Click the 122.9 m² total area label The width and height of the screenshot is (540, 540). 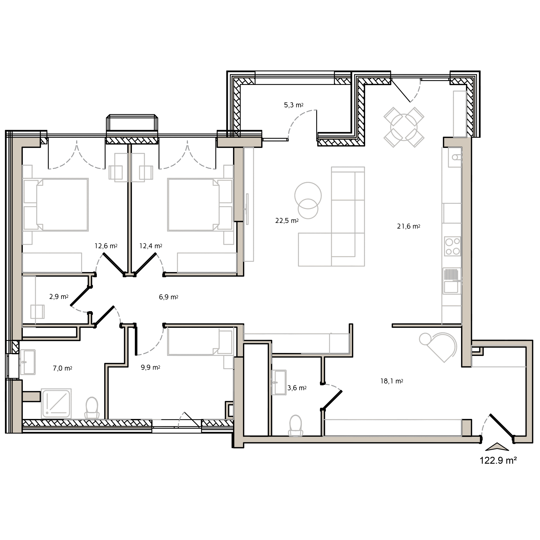pos(498,460)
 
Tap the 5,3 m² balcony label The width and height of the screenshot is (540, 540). pos(293,105)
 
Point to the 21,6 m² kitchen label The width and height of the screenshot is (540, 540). pos(408,226)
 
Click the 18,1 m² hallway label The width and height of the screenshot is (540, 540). pos(391,381)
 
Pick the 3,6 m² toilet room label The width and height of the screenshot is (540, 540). pos(297,388)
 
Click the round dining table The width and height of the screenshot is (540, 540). pos(404,127)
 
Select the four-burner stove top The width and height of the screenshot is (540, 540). pos(452,246)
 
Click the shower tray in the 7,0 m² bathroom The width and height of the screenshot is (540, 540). pos(56,403)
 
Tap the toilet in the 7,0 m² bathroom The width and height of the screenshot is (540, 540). pos(92,408)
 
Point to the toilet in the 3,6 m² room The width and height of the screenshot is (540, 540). pos(296,426)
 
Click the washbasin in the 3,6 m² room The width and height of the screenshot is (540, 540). pos(279,382)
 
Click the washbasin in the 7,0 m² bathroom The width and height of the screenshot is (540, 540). pos(28,362)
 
